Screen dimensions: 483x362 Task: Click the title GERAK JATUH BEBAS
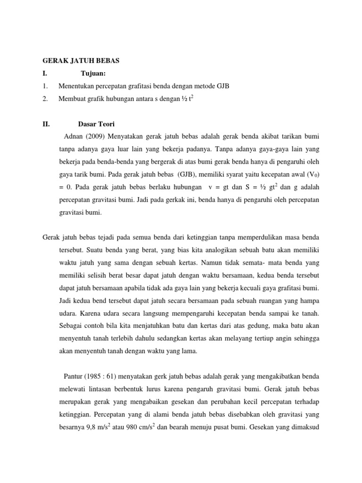pyautogui.click(x=81, y=61)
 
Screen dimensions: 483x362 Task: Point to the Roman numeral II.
pyautogui.click(x=46, y=124)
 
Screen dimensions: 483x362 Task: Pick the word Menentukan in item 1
pyautogui.click(x=75, y=86)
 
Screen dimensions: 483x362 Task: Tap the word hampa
pyautogui.click(x=309, y=300)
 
